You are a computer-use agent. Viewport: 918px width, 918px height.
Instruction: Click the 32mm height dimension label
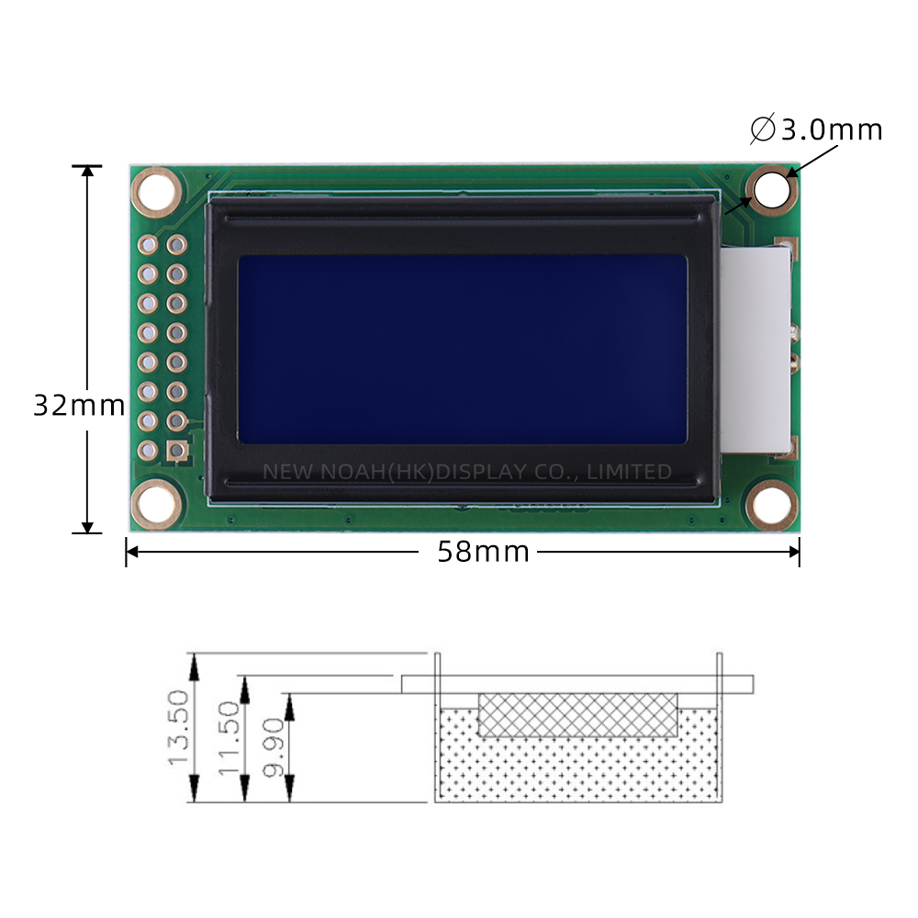[x=79, y=405]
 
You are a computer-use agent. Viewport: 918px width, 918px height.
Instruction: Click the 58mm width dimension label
[x=484, y=552]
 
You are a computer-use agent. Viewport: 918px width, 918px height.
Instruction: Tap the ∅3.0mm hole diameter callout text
[x=816, y=129]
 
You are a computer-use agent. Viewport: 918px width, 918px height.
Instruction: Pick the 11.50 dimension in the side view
[x=229, y=739]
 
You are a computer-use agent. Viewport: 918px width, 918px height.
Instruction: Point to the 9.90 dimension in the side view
[x=274, y=748]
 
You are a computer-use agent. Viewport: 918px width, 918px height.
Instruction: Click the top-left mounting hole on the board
[x=156, y=192]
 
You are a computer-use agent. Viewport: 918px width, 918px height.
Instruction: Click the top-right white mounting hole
[x=772, y=189]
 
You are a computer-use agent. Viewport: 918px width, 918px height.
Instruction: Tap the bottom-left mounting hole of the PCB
[x=156, y=503]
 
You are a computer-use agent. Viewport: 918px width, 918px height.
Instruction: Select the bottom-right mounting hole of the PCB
[x=772, y=504]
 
